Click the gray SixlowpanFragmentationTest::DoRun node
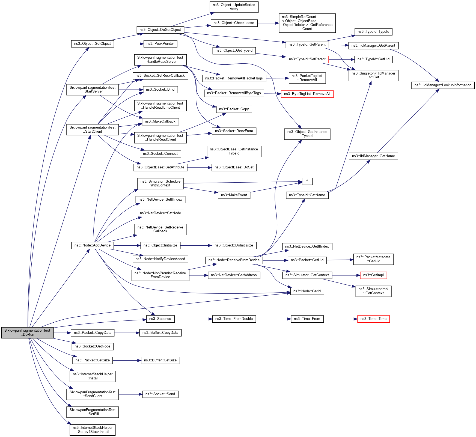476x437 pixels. (27, 332)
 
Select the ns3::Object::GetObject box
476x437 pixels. (93, 44)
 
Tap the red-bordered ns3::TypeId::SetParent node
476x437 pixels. (307, 59)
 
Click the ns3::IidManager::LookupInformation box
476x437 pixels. (443, 85)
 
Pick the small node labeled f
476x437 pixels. (307, 181)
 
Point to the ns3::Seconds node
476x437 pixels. (160, 319)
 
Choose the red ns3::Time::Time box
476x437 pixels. (373, 319)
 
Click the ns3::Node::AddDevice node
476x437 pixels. (93, 245)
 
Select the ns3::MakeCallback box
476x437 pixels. (160, 121)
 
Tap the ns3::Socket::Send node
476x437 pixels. (160, 394)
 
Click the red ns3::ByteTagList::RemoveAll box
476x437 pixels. (307, 94)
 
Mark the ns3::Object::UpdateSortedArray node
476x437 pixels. (234, 7)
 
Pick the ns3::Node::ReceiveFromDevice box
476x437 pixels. (234, 260)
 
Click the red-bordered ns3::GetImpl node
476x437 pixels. (373, 275)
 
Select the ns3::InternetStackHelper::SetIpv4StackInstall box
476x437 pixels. (93, 430)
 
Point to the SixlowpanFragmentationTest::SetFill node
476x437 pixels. (93, 412)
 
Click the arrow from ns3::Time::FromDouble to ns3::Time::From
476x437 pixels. (273, 319)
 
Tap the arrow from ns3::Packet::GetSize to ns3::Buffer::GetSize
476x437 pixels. (127, 361)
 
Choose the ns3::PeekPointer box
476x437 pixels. (160, 44)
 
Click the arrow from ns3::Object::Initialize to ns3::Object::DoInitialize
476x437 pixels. (196, 245)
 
